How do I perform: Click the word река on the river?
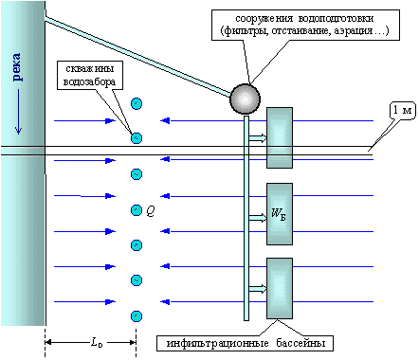click(17, 67)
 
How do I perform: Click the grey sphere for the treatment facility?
click(246, 99)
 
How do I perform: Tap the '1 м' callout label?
click(402, 110)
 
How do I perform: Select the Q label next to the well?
click(151, 211)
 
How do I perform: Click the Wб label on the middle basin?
click(279, 214)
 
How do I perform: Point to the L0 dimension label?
click(97, 342)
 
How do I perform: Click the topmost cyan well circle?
click(137, 103)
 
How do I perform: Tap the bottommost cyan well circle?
click(137, 316)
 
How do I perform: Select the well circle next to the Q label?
click(137, 210)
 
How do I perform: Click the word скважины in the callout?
click(90, 68)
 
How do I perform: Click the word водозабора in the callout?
click(89, 81)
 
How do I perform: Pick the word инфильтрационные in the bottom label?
click(218, 343)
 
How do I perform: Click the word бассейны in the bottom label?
click(301, 343)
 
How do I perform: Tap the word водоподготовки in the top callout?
click(336, 19)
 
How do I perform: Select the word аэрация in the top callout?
click(354, 31)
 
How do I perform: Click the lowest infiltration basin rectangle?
click(280, 288)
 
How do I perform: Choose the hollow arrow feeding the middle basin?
click(258, 218)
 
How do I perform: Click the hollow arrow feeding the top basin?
click(258, 138)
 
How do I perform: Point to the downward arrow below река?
click(18, 112)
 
